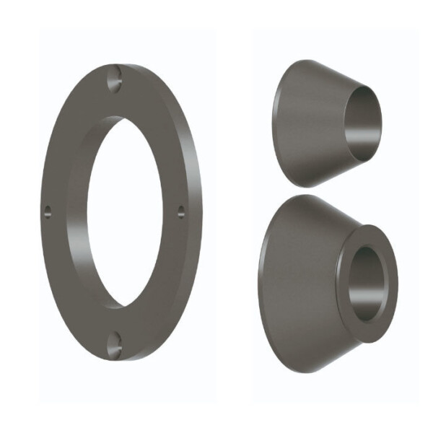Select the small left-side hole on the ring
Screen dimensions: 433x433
click(x=48, y=211)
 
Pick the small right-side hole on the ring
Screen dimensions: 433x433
click(x=180, y=211)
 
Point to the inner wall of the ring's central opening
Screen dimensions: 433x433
click(x=93, y=216)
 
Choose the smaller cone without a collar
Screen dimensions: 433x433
click(x=325, y=123)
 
